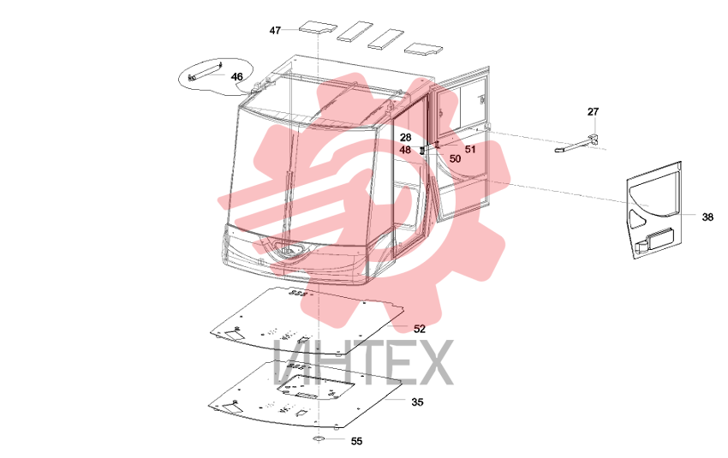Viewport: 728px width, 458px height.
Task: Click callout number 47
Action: pos(275,30)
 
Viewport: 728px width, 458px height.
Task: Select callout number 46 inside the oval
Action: pos(236,76)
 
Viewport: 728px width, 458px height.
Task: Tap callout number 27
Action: pos(593,111)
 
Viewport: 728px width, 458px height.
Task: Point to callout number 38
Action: pos(707,217)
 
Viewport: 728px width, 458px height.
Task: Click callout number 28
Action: pos(405,137)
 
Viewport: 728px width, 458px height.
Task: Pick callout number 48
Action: pos(405,150)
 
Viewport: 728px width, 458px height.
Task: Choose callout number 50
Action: pos(455,158)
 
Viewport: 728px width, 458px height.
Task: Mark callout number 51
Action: pos(470,149)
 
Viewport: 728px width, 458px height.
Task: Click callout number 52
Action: pos(420,329)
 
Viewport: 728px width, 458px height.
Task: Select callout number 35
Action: pos(417,401)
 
